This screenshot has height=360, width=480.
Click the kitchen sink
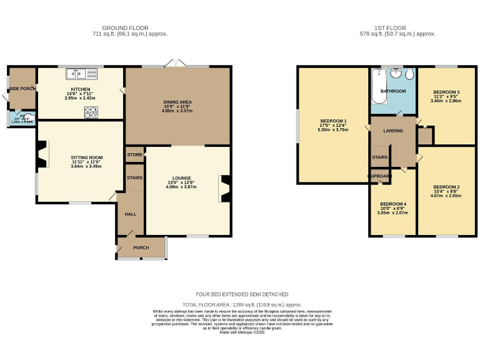pos(83,74)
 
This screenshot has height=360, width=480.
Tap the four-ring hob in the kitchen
pos(91,112)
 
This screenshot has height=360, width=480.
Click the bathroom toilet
pos(409,75)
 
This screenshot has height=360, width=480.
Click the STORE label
pos(134,154)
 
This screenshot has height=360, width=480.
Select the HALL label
pos(131,214)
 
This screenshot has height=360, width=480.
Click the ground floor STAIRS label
pos(134,178)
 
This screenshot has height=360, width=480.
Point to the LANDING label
pos(393,131)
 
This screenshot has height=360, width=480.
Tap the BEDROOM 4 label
pos(392,204)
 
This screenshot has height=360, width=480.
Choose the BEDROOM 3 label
pos(446,92)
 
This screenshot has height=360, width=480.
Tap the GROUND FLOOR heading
pos(135,28)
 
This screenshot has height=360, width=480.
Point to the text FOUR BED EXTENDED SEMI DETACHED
pos(242,294)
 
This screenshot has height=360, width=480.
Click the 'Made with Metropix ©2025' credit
pos(242,332)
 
